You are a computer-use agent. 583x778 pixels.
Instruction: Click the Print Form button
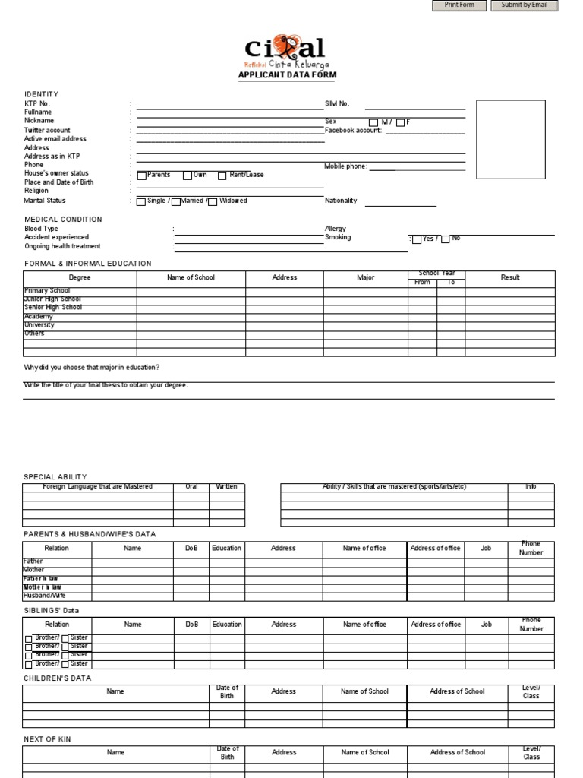coord(459,5)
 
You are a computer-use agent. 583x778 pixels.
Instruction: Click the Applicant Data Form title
coord(287,75)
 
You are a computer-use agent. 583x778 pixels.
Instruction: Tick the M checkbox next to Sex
coord(373,122)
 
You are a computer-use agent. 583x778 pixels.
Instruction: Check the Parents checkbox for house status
coord(142,176)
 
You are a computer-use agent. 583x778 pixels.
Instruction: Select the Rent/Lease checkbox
coord(222,176)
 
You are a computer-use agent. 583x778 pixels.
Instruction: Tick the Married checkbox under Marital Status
coord(176,201)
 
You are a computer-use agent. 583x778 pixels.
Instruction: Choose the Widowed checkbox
coord(213,201)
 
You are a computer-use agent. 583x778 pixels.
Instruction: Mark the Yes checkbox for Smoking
coord(417,239)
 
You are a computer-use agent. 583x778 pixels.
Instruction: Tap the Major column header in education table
coord(366,277)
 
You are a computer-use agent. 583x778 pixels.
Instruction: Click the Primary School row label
coord(47,291)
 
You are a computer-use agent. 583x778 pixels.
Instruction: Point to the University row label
coord(39,325)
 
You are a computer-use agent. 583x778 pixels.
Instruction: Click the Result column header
coord(510,277)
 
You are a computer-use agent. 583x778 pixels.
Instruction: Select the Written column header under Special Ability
coord(226,486)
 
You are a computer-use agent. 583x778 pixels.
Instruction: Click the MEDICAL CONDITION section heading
coord(63,220)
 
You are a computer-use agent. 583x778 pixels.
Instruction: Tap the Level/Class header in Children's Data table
coord(531,691)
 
